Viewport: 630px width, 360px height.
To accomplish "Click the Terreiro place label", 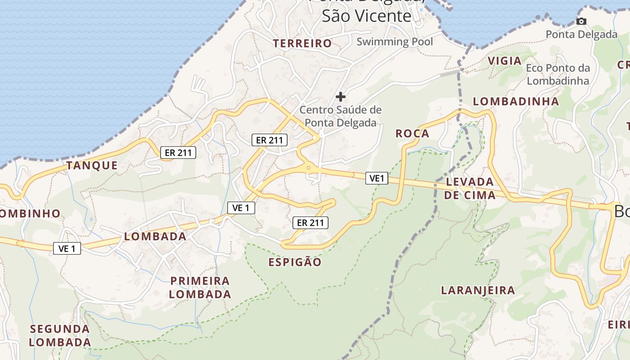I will (x=302, y=43).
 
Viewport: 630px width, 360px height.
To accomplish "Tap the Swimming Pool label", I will (x=395, y=42).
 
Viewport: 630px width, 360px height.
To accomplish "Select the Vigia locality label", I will (x=504, y=61).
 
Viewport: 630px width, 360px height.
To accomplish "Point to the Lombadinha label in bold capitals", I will (x=516, y=101).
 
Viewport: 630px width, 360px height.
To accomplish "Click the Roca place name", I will (x=412, y=133).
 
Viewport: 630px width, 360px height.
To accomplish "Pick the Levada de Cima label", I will (x=470, y=189).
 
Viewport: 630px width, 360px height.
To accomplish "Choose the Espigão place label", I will (x=295, y=262).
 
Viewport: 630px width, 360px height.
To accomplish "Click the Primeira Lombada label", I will (x=200, y=288).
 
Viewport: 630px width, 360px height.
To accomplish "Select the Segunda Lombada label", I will (x=60, y=335).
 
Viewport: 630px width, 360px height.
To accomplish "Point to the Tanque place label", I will (x=92, y=165).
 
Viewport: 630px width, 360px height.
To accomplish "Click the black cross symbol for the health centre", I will (x=341, y=96).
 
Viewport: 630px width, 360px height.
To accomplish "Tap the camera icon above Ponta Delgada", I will (x=581, y=21).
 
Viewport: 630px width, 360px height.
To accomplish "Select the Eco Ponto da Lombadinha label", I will (x=558, y=74).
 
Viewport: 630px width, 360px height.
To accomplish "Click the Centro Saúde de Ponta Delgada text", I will (x=341, y=116).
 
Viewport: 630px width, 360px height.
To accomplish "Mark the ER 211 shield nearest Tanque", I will (x=178, y=153).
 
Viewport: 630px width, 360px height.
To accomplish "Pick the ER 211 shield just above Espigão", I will (x=310, y=222).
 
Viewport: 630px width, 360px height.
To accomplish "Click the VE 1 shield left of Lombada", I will (x=67, y=248).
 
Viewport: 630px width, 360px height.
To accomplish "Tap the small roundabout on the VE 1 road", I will (x=308, y=167).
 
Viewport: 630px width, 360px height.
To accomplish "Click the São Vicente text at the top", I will (x=366, y=16).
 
